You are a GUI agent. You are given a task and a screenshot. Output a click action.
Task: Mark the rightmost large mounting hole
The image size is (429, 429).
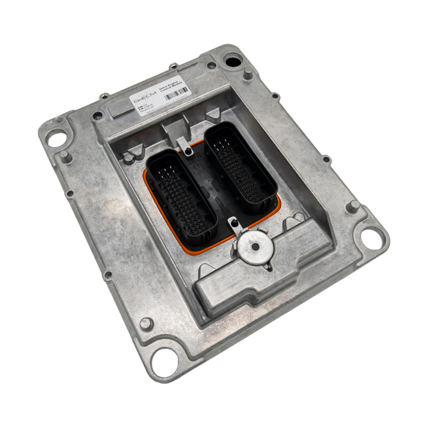coord(372,234)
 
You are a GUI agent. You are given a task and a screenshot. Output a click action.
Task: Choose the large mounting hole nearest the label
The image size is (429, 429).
coord(232,58)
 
